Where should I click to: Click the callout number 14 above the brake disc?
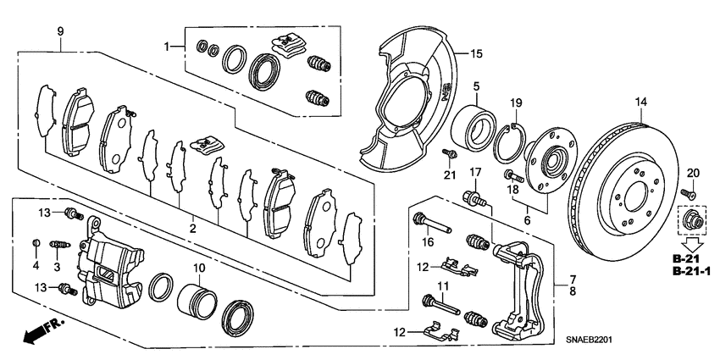pos(640,103)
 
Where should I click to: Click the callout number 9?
pos(60,31)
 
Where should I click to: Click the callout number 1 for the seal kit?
pos(167,45)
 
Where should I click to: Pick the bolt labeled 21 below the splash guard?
pos(451,154)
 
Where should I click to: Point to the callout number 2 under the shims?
pos(192,229)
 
